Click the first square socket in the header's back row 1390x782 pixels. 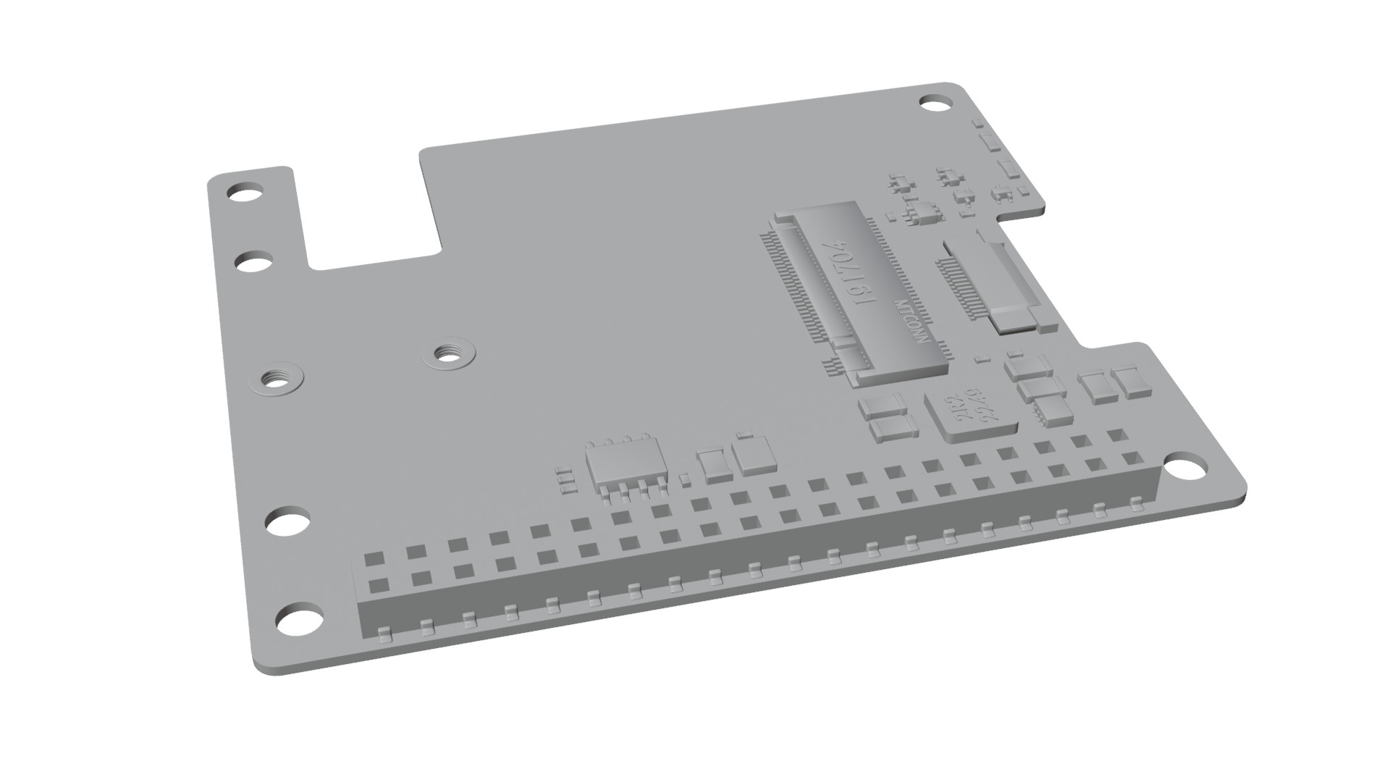(x=374, y=558)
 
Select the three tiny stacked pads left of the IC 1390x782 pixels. (x=563, y=479)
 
